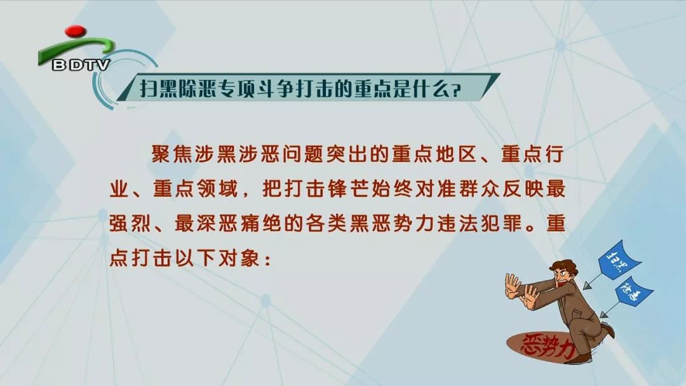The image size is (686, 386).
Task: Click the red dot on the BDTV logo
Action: point(75,30)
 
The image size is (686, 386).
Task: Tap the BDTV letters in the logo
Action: point(81,65)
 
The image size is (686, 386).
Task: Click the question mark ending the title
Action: point(456,91)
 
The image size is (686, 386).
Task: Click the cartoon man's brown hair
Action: point(565,265)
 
